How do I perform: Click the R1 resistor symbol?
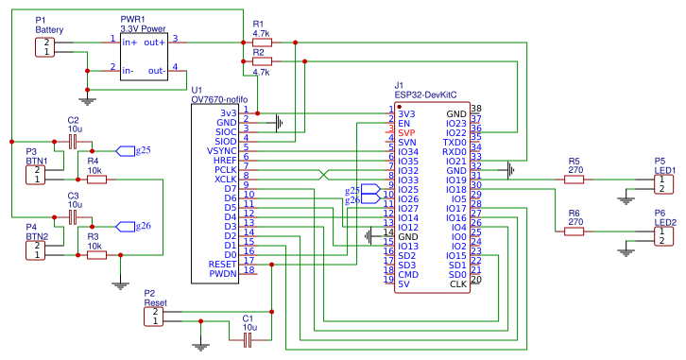[261, 42]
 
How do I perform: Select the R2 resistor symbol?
[261, 61]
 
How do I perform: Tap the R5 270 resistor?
[575, 179]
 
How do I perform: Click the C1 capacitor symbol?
[249, 336]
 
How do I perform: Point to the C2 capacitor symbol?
[73, 141]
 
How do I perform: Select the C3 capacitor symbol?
[73, 216]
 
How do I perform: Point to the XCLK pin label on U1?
[226, 179]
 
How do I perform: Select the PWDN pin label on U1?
[222, 274]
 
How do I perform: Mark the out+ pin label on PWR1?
[155, 42]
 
